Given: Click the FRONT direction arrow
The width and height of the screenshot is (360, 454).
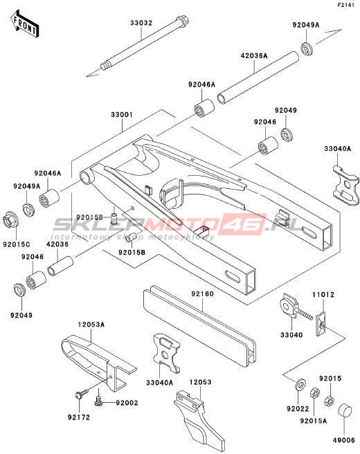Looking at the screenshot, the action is click(x=24, y=24).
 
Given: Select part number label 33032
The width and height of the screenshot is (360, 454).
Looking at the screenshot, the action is click(x=141, y=23).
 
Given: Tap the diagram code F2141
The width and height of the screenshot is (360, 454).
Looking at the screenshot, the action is click(x=346, y=6).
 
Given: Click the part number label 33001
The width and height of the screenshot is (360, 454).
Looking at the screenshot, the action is click(x=122, y=115).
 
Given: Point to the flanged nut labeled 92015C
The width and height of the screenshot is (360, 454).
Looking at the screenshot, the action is click(x=10, y=222).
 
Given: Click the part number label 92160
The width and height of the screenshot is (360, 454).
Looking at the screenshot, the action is click(x=202, y=294).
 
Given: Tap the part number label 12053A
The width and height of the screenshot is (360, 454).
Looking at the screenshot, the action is click(x=91, y=325).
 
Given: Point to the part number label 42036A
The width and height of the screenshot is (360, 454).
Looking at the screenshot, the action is click(x=254, y=55).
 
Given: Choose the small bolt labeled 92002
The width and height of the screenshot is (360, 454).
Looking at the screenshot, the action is click(x=99, y=401).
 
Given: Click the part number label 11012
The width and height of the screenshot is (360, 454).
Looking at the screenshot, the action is click(x=323, y=295).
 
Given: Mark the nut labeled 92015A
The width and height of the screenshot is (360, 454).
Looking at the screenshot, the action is click(x=315, y=394).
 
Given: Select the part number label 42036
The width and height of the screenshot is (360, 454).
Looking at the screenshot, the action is click(x=57, y=244).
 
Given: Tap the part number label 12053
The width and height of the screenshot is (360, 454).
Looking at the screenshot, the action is click(x=200, y=382).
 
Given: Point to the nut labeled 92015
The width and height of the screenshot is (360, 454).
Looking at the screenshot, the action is click(x=330, y=401).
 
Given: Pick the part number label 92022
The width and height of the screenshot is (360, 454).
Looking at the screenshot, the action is click(x=298, y=408).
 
